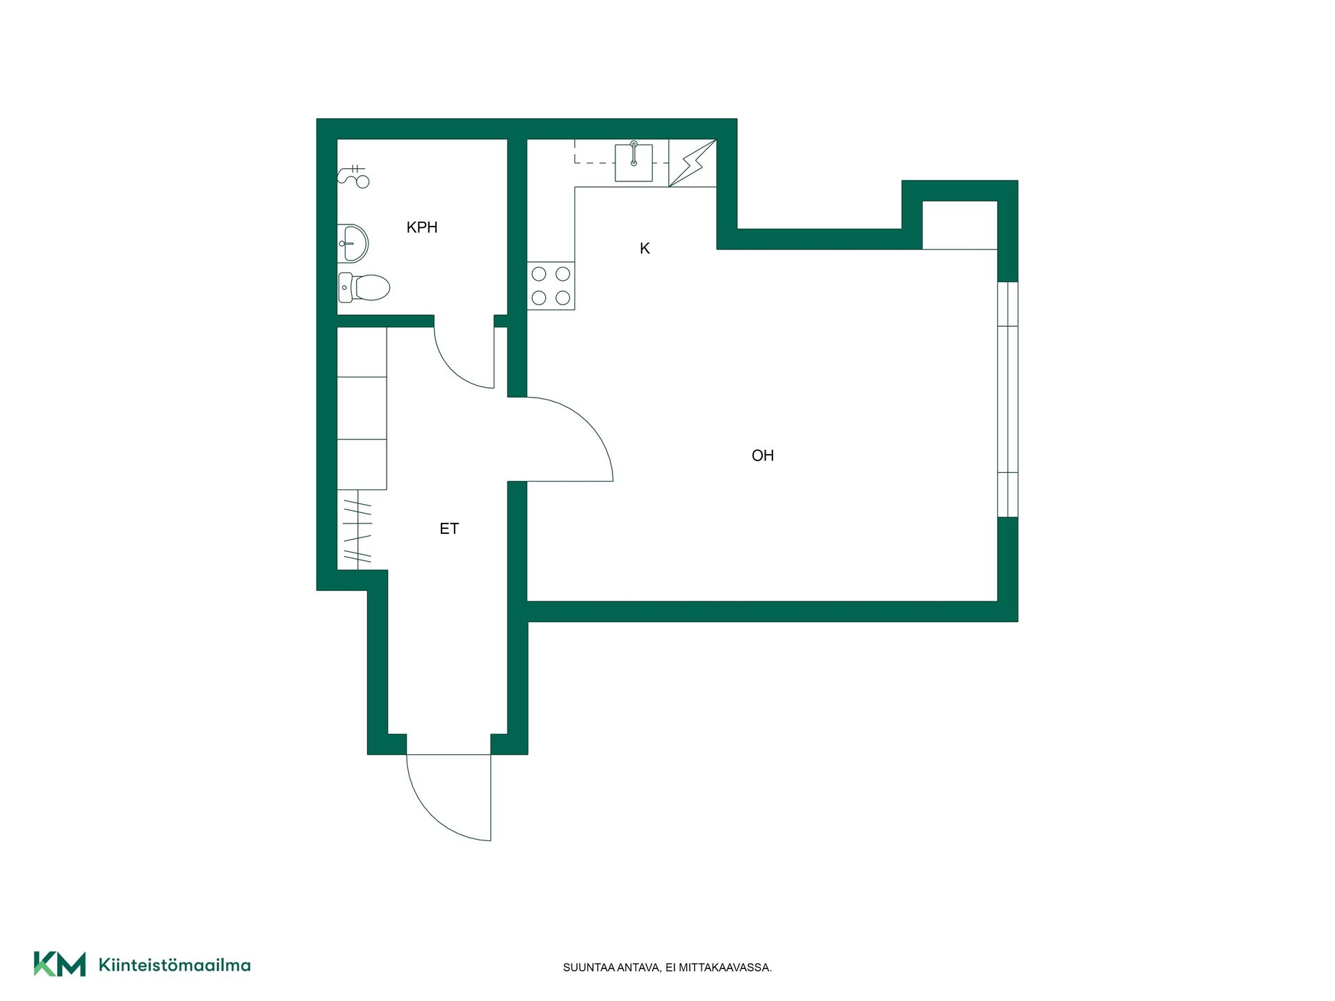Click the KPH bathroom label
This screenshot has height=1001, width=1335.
tap(421, 227)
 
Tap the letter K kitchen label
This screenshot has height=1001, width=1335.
tap(645, 248)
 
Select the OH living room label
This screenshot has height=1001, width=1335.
tap(763, 455)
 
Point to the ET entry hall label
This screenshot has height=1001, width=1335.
tap(449, 529)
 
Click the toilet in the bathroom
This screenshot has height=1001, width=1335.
tap(364, 287)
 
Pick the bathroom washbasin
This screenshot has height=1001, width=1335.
tap(353, 243)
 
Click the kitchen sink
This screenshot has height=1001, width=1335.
tap(633, 163)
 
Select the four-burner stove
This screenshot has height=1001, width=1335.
tap(551, 286)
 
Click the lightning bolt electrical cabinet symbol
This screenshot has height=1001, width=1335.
tap(693, 163)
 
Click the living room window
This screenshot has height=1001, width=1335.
tap(1008, 400)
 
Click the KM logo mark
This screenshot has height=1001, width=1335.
tap(60, 964)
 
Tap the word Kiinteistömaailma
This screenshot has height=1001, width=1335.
tap(175, 965)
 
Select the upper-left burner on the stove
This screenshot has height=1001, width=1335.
tap(539, 274)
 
